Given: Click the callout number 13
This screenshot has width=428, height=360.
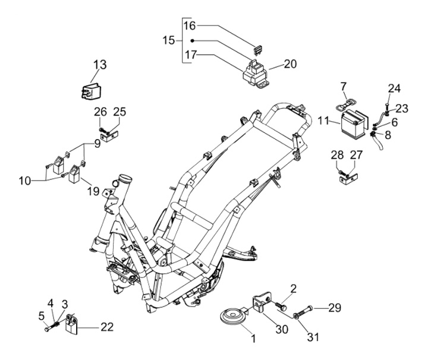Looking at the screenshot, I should (x=100, y=65).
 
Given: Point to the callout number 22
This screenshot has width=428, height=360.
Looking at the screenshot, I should (x=107, y=326).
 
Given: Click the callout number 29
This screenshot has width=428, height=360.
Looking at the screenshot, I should (x=335, y=308).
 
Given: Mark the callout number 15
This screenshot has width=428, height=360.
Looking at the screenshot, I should (x=169, y=40).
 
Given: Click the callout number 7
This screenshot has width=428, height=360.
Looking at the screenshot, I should (x=343, y=87).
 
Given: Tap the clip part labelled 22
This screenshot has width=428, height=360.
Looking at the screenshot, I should (x=73, y=323).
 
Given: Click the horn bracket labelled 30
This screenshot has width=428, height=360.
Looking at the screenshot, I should (x=259, y=303).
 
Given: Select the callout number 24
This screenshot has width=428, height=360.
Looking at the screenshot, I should (x=395, y=89).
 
